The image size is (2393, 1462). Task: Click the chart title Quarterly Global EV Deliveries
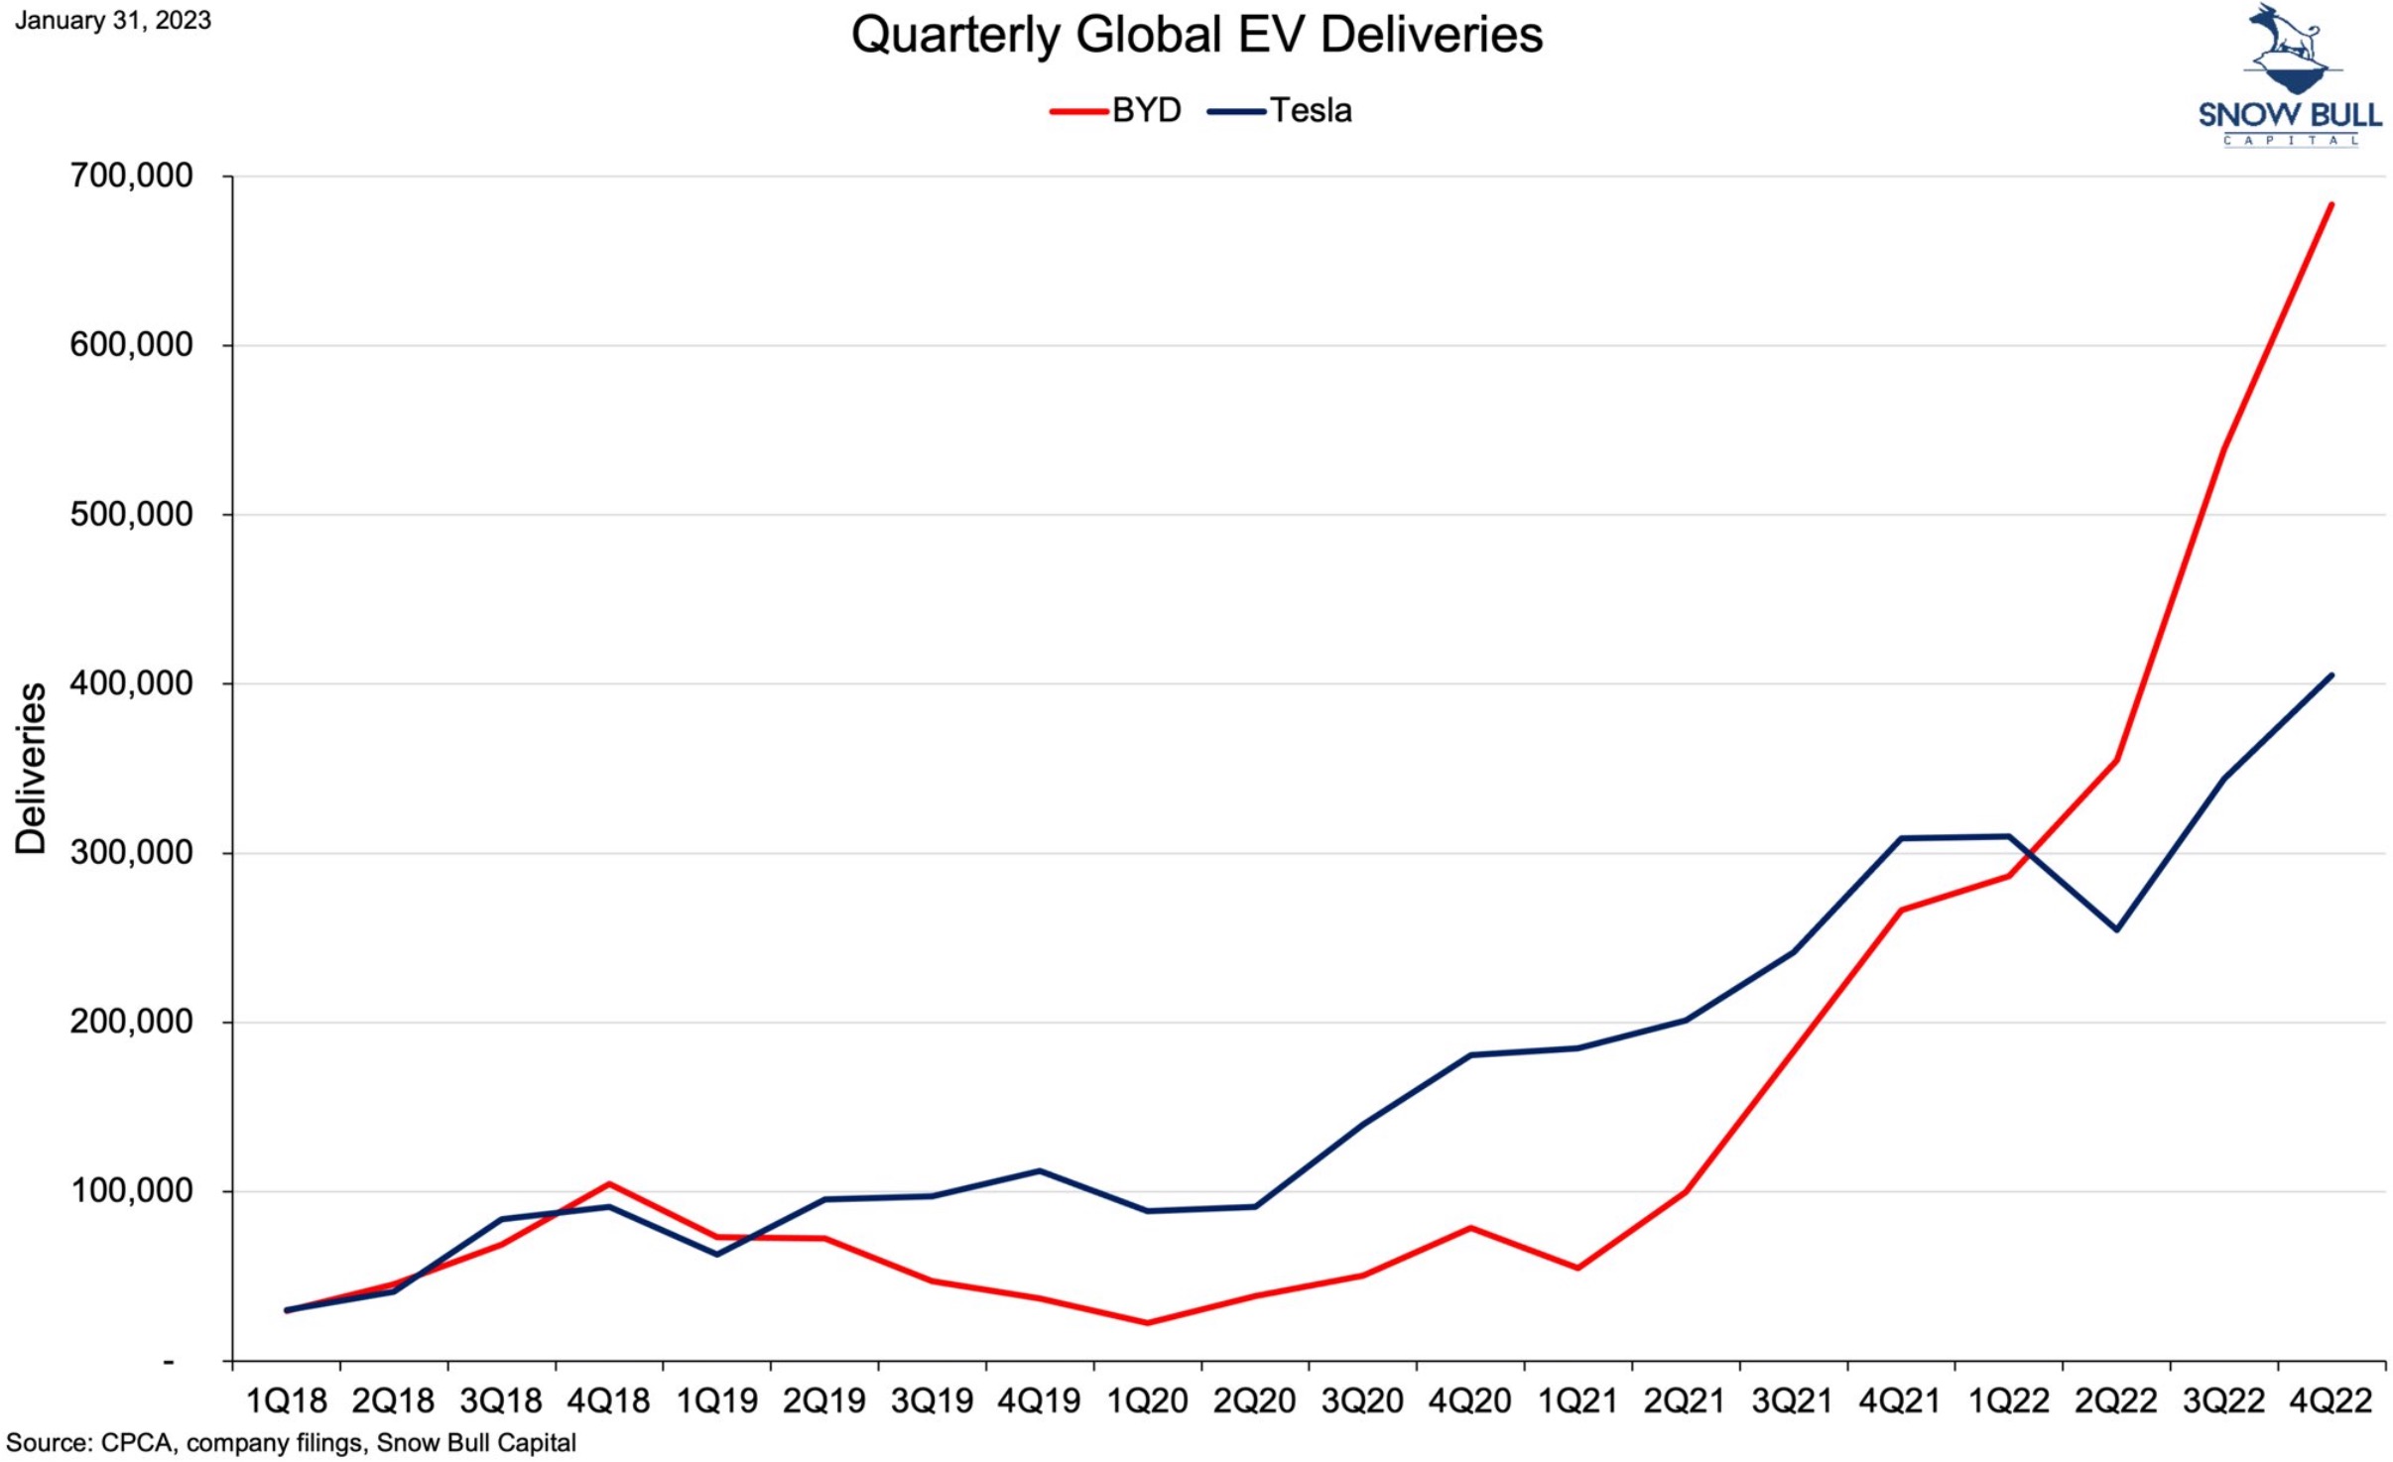pos(1196,36)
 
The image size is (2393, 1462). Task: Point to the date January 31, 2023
pos(113,21)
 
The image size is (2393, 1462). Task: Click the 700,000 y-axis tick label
pos(131,177)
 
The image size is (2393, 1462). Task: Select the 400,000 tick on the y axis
pos(131,683)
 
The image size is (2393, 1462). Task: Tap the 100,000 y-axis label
pos(131,1190)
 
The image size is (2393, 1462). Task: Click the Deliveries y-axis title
pos(31,769)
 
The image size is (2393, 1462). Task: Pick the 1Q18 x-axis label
pos(286,1401)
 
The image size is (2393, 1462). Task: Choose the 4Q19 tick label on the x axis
pos(1039,1401)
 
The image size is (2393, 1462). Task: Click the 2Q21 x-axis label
pos(1685,1401)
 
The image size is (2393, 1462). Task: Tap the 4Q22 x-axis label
pos(2330,1401)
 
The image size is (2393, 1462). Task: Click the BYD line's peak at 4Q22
pos(2330,204)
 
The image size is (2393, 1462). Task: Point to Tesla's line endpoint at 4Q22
pos(2330,675)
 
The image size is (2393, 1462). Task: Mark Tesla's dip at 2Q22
pos(2116,929)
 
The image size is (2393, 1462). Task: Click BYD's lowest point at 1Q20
pos(1147,1323)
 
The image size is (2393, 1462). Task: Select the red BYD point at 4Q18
pos(608,1183)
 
